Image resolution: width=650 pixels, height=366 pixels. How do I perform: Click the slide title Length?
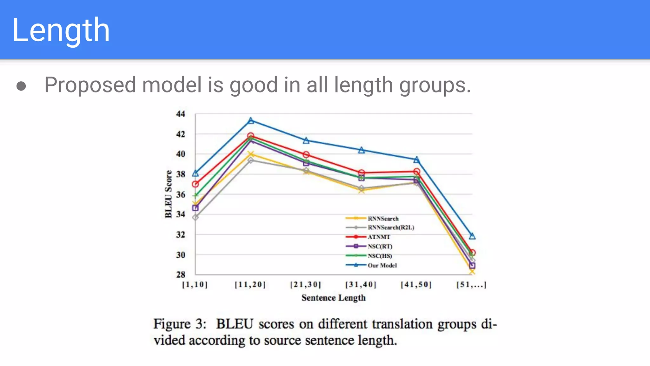click(61, 30)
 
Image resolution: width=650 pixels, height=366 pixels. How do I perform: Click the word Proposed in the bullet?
click(90, 85)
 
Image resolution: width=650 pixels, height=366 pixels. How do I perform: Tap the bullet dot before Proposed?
click(21, 86)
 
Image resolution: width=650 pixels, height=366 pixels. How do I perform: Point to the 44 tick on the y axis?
click(181, 114)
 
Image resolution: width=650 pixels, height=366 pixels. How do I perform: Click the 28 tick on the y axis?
click(181, 274)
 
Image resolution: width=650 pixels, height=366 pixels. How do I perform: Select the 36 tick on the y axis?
click(181, 194)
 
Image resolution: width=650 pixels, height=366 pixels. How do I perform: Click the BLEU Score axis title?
click(169, 194)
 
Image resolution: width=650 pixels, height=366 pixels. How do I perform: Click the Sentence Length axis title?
click(333, 298)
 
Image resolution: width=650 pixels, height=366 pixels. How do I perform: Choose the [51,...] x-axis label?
click(471, 285)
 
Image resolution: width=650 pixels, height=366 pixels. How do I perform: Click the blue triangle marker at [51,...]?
click(472, 236)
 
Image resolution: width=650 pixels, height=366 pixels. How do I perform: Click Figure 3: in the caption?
click(180, 324)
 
